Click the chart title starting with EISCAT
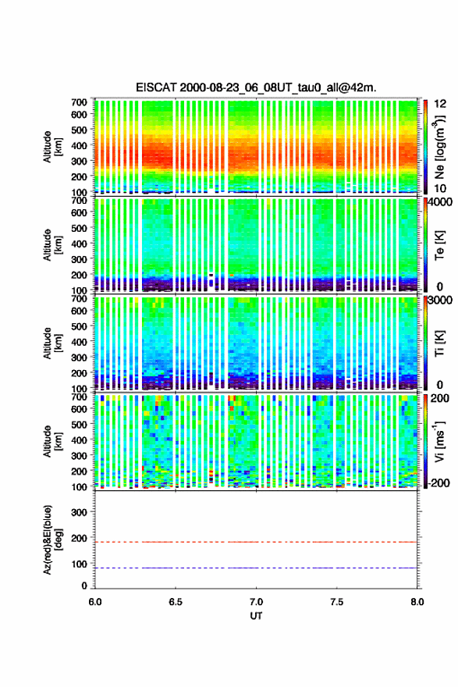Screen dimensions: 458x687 coord(256,87)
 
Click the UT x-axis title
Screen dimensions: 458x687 coord(256,616)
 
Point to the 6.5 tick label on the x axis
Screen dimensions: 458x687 coord(176,602)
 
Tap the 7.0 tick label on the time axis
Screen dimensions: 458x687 coord(256,602)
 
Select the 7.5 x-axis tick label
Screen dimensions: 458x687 coord(337,602)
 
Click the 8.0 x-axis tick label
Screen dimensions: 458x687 coord(417,602)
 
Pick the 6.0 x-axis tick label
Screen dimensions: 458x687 coord(95,602)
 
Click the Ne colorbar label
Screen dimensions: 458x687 coord(440,148)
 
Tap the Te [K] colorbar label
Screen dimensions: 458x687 coord(439,245)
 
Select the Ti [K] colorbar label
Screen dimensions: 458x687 coord(439,343)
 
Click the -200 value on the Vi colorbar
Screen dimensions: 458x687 coord(437,482)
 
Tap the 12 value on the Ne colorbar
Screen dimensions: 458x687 coord(440,103)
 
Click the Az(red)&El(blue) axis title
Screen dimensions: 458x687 coord(52,539)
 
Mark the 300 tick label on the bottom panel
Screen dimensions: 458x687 coord(80,512)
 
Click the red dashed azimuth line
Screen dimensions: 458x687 coord(256,542)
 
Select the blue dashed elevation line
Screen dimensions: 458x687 coord(256,568)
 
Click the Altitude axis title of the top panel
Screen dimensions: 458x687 coord(52,147)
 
